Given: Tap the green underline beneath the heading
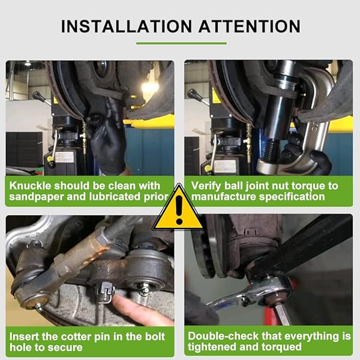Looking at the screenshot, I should (x=181, y=43).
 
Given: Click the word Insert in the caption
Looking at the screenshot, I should (x=26, y=336).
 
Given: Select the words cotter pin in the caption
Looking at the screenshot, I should (x=90, y=336).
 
